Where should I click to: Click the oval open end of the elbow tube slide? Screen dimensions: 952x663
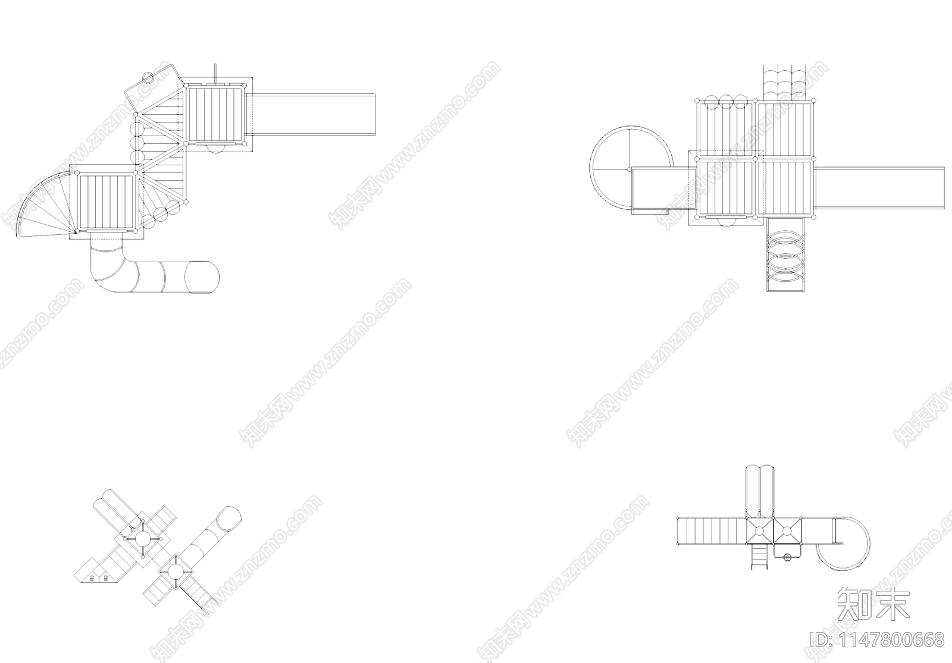click(202, 276)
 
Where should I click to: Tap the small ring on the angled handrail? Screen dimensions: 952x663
click(148, 78)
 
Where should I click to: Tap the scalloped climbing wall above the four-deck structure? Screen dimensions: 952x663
click(785, 82)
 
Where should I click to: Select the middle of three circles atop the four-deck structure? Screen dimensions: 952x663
click(726, 102)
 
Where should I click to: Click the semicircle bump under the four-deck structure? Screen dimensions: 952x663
click(726, 222)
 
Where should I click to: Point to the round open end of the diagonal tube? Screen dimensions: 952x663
click(228, 519)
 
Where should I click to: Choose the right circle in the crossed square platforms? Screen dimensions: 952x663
click(787, 531)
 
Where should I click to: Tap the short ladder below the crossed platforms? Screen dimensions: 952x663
click(760, 557)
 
